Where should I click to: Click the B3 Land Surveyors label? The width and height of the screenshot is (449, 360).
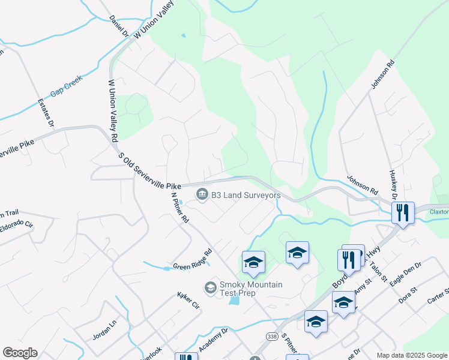(246, 195)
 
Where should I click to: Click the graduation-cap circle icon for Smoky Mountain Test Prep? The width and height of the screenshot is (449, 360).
(210, 288)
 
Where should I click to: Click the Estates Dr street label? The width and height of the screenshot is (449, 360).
(46, 112)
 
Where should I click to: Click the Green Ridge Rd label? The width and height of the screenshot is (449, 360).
(193, 259)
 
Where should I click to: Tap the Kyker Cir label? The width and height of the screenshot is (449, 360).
(188, 300)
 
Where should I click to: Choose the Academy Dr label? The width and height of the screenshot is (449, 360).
(215, 334)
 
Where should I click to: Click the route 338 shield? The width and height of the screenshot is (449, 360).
(273, 337)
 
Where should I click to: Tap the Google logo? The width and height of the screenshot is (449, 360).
(20, 353)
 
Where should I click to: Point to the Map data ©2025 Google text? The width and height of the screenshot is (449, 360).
(411, 355)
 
